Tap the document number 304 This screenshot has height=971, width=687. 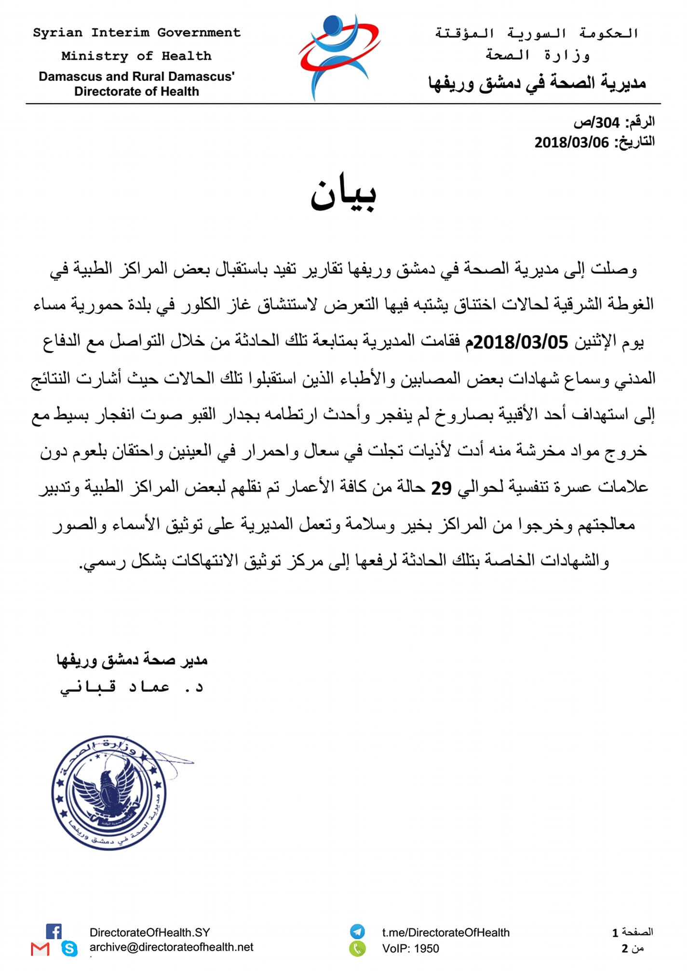pyautogui.click(x=607, y=123)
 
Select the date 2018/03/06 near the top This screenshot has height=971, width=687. pyautogui.click(x=571, y=142)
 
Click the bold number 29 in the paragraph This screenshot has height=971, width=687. pyautogui.click(x=441, y=488)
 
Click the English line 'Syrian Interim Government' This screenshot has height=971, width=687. pyautogui.click(x=136, y=33)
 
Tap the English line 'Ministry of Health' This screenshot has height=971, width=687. pyautogui.click(x=136, y=56)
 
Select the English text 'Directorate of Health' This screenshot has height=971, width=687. pyautogui.click(x=136, y=92)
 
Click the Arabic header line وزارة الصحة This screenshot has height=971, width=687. pyautogui.click(x=538, y=55)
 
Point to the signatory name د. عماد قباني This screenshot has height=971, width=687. pyautogui.click(x=132, y=687)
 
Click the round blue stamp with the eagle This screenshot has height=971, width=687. pyautogui.click(x=109, y=793)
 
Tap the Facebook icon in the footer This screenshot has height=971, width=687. pyautogui.click(x=54, y=931)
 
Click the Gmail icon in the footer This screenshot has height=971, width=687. pyautogui.click(x=40, y=949)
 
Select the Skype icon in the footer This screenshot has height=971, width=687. pyautogui.click(x=70, y=948)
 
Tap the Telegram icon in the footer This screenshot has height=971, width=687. pyautogui.click(x=357, y=931)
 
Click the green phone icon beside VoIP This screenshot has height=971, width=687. pyautogui.click(x=357, y=948)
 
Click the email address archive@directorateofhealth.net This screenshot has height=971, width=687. pyautogui.click(x=171, y=947)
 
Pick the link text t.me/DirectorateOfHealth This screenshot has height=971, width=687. pyautogui.click(x=445, y=932)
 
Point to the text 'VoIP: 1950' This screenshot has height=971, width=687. pyautogui.click(x=410, y=949)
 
